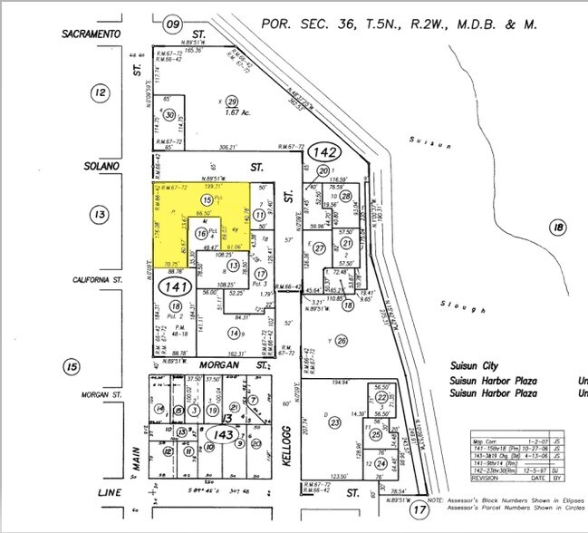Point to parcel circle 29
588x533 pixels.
click(x=232, y=102)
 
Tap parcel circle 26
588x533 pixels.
click(x=342, y=341)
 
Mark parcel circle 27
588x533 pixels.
click(x=319, y=247)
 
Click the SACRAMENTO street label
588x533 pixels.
click(x=92, y=34)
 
